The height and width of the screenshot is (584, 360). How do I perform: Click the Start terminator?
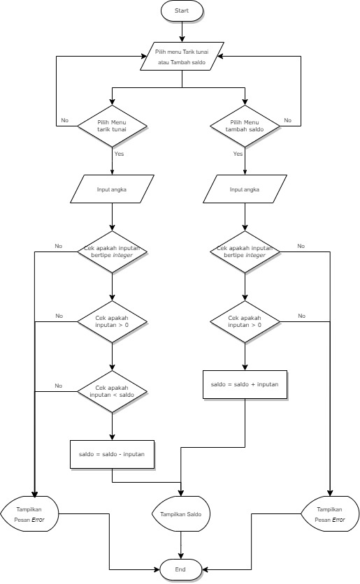pyautogui.click(x=182, y=11)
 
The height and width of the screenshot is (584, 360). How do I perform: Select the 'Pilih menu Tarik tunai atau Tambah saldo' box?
pyautogui.click(x=182, y=57)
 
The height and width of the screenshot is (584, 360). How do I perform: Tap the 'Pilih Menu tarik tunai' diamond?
pyautogui.click(x=112, y=126)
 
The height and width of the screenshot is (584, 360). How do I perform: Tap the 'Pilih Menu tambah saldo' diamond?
pyautogui.click(x=245, y=126)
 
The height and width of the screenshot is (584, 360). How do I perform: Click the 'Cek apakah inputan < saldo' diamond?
pyautogui.click(x=112, y=392)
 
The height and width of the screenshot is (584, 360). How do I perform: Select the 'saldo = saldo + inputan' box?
pyautogui.click(x=245, y=385)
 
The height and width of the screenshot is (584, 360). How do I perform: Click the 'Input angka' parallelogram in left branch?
pyautogui.click(x=112, y=189)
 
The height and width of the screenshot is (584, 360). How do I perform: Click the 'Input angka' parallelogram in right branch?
pyautogui.click(x=245, y=189)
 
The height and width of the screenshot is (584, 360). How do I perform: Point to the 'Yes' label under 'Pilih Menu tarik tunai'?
pyautogui.click(x=119, y=154)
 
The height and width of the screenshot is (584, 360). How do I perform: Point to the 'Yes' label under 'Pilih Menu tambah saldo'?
pyautogui.click(x=238, y=154)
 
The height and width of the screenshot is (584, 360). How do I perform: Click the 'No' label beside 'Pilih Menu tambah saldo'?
pyautogui.click(x=287, y=120)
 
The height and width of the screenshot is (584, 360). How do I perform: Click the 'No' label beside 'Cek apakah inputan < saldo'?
pyautogui.click(x=59, y=386)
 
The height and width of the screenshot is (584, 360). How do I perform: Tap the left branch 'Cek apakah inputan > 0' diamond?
pyautogui.click(x=112, y=321)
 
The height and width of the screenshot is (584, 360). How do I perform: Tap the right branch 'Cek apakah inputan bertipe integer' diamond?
pyautogui.click(x=245, y=251)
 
